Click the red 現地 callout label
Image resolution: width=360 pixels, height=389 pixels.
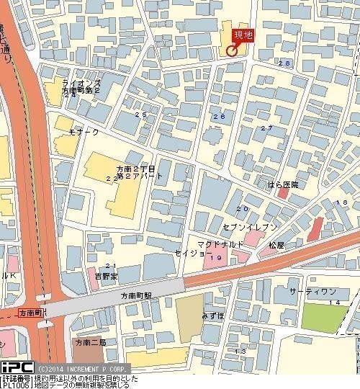[243, 35]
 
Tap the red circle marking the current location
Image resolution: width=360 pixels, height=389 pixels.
[231, 50]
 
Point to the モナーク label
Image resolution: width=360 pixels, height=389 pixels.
[84, 134]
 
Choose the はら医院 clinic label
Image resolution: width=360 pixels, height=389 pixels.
[282, 185]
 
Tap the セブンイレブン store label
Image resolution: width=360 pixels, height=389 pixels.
[249, 227]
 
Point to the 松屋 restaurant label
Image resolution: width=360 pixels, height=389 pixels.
[277, 246]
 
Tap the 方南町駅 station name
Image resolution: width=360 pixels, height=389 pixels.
[136, 296]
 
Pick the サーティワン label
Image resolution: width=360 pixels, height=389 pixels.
[312, 291]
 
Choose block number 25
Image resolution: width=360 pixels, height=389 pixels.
[140, 115]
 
